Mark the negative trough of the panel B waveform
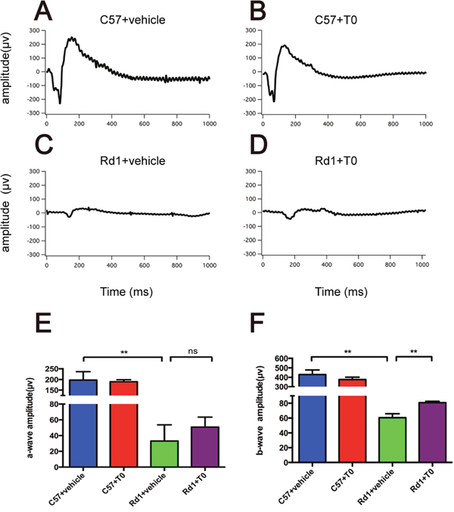point(274,101)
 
